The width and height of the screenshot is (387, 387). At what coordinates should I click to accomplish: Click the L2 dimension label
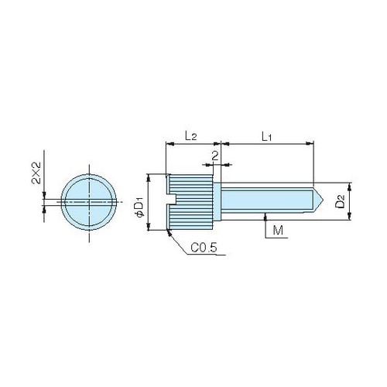[x=191, y=135]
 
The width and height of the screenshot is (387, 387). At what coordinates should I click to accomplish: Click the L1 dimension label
[x=267, y=136]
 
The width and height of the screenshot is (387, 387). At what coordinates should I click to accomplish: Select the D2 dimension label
[x=340, y=201]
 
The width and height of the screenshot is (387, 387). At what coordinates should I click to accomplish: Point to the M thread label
[x=278, y=230]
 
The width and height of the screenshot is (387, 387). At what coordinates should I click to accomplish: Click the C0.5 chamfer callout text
[x=204, y=248]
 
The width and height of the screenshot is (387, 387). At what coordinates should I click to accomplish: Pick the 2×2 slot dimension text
[x=36, y=173]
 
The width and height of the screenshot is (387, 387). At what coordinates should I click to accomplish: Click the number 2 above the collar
[x=215, y=156]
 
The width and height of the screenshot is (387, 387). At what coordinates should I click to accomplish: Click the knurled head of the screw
[x=190, y=202]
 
